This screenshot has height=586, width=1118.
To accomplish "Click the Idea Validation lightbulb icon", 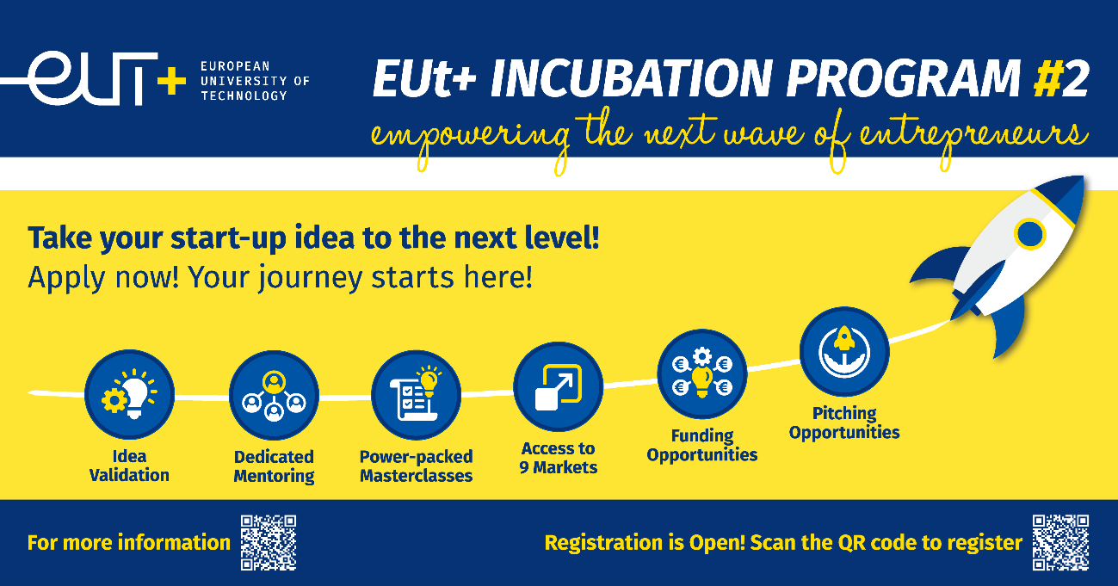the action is coord(129,394).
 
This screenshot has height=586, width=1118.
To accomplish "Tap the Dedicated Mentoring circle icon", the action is coord(274,395).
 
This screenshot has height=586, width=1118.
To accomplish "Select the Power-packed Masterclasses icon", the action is coord(416,395).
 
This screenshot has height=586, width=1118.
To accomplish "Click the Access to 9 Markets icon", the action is coord(558,386).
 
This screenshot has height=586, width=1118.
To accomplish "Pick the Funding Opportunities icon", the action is coord(701,373).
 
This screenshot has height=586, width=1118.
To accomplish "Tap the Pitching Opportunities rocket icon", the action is coord(844,351).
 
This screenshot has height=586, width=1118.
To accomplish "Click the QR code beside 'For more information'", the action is coord(269,543).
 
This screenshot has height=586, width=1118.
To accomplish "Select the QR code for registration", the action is coord(1060,543).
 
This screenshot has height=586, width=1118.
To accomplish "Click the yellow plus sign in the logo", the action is coord(171,81).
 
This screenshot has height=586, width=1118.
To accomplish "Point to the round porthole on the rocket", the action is coord(1029,233).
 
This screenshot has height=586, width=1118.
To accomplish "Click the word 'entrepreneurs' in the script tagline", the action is coord(973,138).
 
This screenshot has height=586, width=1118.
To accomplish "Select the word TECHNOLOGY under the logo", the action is coord(244,96).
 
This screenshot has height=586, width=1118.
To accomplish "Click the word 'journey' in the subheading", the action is coord(311,279).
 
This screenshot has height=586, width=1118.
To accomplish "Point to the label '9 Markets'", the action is coord(558,467).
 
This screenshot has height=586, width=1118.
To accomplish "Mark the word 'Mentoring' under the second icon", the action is coord(274,476).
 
